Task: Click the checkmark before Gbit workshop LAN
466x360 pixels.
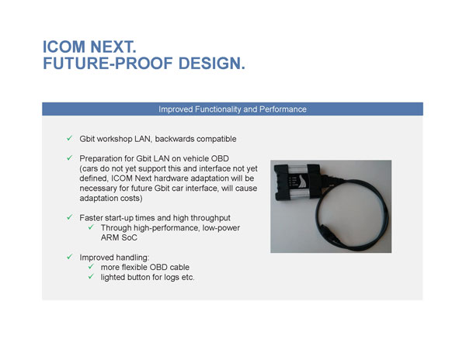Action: pos(69,139)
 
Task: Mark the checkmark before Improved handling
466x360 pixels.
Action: pos(69,257)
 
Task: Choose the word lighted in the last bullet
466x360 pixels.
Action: pos(115,277)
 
